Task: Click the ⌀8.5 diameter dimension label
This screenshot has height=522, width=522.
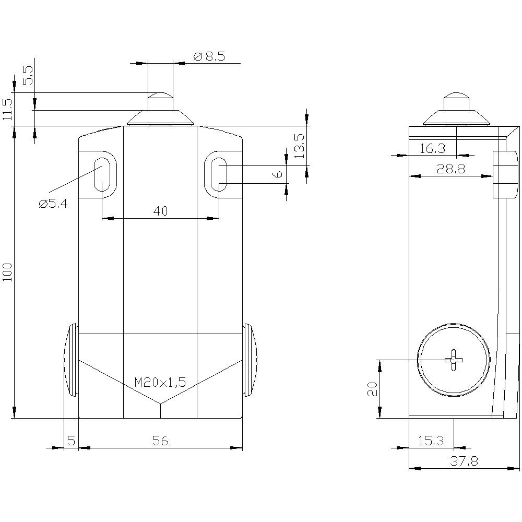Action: tap(209, 56)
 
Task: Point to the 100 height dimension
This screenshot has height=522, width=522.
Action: tap(7, 272)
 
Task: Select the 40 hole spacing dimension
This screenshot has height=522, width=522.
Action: tap(160, 211)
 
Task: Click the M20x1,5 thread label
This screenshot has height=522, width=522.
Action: tap(160, 383)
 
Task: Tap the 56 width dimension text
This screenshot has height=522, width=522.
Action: tap(160, 441)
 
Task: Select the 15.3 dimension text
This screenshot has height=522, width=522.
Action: tap(431, 441)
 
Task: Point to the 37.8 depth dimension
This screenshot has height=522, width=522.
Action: tap(461, 461)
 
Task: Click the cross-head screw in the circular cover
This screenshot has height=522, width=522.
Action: tap(454, 360)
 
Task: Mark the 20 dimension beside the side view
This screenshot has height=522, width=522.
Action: tap(372, 388)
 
